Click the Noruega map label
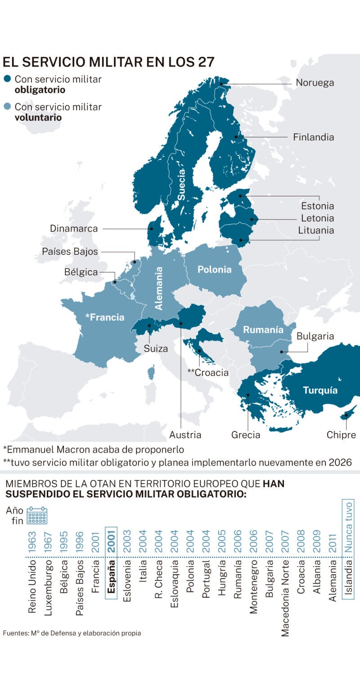tap(315, 83)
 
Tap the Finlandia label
tap(314, 137)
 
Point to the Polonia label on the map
tap(215, 270)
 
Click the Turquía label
tap(320, 390)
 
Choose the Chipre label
tap(341, 435)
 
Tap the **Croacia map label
tap(208, 373)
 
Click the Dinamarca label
tap(74, 229)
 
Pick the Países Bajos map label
tap(70, 252)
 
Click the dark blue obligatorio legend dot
tap(7, 79)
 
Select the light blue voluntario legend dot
tap(7, 107)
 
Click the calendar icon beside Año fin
tap(37, 516)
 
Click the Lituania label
tap(316, 231)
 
